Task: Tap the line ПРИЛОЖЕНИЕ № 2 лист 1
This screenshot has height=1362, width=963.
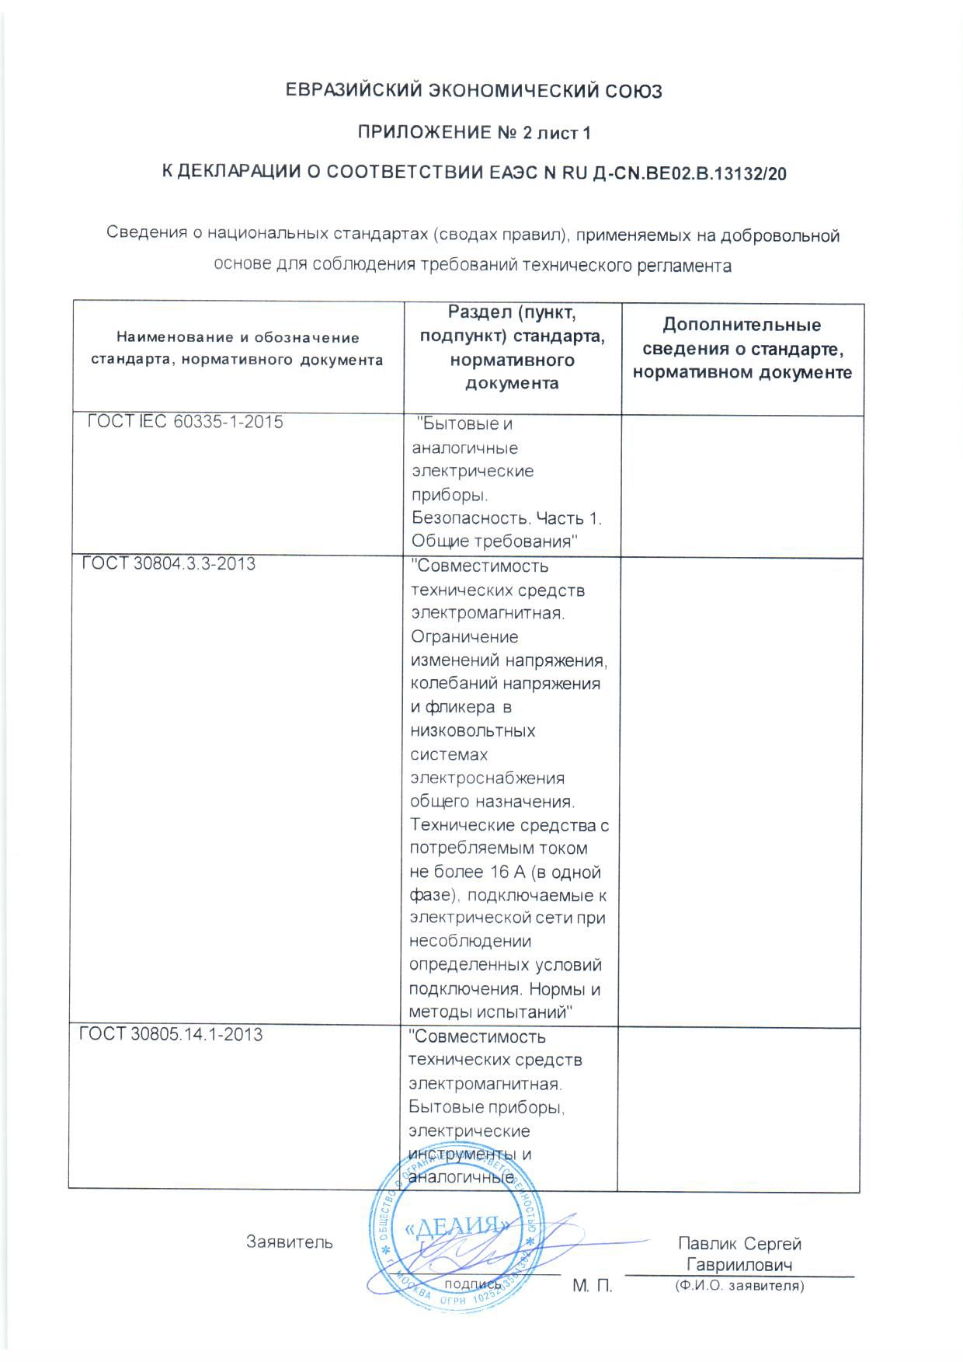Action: click(473, 133)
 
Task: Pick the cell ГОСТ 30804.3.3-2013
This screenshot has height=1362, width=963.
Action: click(169, 563)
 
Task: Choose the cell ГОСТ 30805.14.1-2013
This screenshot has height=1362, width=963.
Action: click(172, 1034)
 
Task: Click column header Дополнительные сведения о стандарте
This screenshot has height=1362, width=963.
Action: click(742, 348)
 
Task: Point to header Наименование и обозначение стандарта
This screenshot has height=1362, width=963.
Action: click(237, 348)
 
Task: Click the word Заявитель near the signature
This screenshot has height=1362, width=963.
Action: click(290, 1242)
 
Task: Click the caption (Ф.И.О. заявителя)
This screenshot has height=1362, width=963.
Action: click(739, 1287)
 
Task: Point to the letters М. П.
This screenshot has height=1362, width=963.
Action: click(593, 1287)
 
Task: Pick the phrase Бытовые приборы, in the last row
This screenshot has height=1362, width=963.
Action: click(486, 1106)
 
